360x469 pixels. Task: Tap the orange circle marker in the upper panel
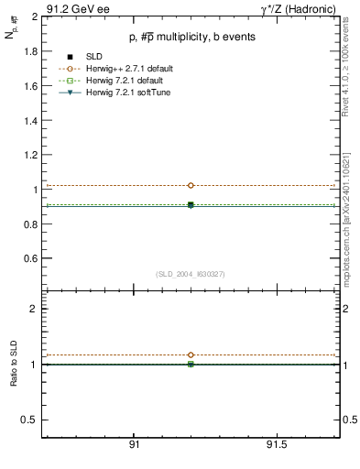(x=191, y=185)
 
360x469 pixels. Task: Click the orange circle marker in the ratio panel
(x=191, y=354)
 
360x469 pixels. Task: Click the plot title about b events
(x=191, y=37)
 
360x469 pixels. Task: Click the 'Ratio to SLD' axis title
(x=14, y=364)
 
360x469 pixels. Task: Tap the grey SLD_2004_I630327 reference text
(x=191, y=274)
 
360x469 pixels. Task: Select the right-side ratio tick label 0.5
(x=349, y=420)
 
